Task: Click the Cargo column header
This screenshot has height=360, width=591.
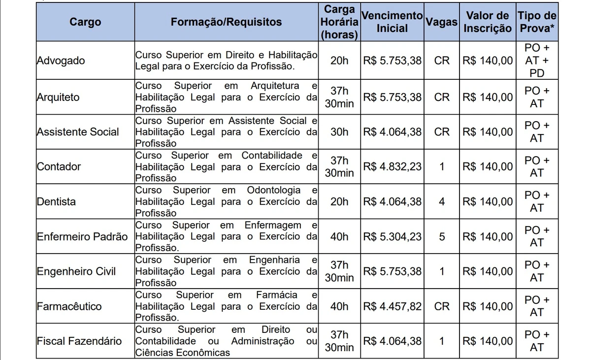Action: point(85,22)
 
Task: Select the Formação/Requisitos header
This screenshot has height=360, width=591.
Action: point(227,22)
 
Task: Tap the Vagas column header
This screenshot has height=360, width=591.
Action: point(442,22)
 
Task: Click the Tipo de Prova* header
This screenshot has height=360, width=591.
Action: point(537,22)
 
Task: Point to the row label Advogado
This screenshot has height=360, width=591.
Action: point(61,61)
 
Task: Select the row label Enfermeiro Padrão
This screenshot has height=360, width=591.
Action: point(82,236)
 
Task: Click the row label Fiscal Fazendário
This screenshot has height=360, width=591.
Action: point(79,341)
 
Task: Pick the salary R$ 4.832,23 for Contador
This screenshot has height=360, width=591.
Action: point(392,166)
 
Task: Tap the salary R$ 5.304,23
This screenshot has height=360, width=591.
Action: point(392,236)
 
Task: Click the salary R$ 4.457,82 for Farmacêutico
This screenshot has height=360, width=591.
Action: point(392,306)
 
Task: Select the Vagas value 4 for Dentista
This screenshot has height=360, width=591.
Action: point(442,201)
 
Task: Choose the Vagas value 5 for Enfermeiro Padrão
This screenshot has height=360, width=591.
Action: point(442,236)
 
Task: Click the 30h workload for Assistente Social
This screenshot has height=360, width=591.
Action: point(339,132)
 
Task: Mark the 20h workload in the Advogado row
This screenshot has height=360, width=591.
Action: point(339,61)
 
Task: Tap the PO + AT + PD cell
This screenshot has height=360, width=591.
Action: point(537,61)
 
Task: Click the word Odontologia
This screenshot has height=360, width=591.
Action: point(273,190)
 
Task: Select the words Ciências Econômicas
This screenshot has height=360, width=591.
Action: point(182,353)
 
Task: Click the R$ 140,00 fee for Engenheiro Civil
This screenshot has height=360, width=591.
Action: point(488,271)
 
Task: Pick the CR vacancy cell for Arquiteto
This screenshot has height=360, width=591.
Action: point(442,97)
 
